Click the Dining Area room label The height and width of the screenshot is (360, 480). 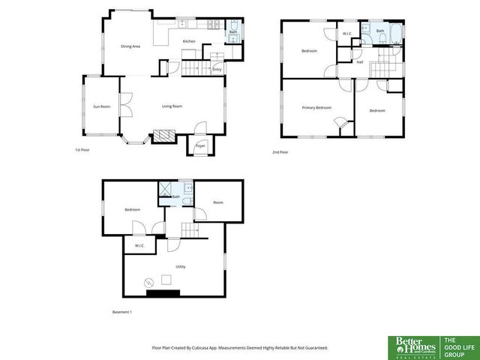pos(130,46)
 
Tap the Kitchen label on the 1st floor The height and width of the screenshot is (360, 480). pos(189,41)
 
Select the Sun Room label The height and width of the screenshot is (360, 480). pos(101,106)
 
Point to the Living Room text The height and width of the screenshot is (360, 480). pos(172,106)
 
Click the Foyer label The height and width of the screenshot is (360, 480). pos(200,145)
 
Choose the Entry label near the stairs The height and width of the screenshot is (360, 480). pos(217,70)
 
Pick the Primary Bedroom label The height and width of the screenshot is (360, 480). pos(316,108)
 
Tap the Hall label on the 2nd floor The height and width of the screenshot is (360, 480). pos(360,62)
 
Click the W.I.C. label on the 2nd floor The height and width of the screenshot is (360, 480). pos(348,34)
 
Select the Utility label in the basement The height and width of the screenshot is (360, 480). pos(181,266)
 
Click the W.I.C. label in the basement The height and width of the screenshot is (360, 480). pos(139,245)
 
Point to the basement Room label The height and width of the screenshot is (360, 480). pos(218,202)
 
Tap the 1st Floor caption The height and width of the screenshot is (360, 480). pos(82,150)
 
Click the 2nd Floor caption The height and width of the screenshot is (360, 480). pos(280,152)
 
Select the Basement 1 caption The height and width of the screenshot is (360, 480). pos(121,312)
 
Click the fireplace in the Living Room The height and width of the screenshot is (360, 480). pos(163,136)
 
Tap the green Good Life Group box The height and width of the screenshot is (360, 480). pos(458,345)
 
